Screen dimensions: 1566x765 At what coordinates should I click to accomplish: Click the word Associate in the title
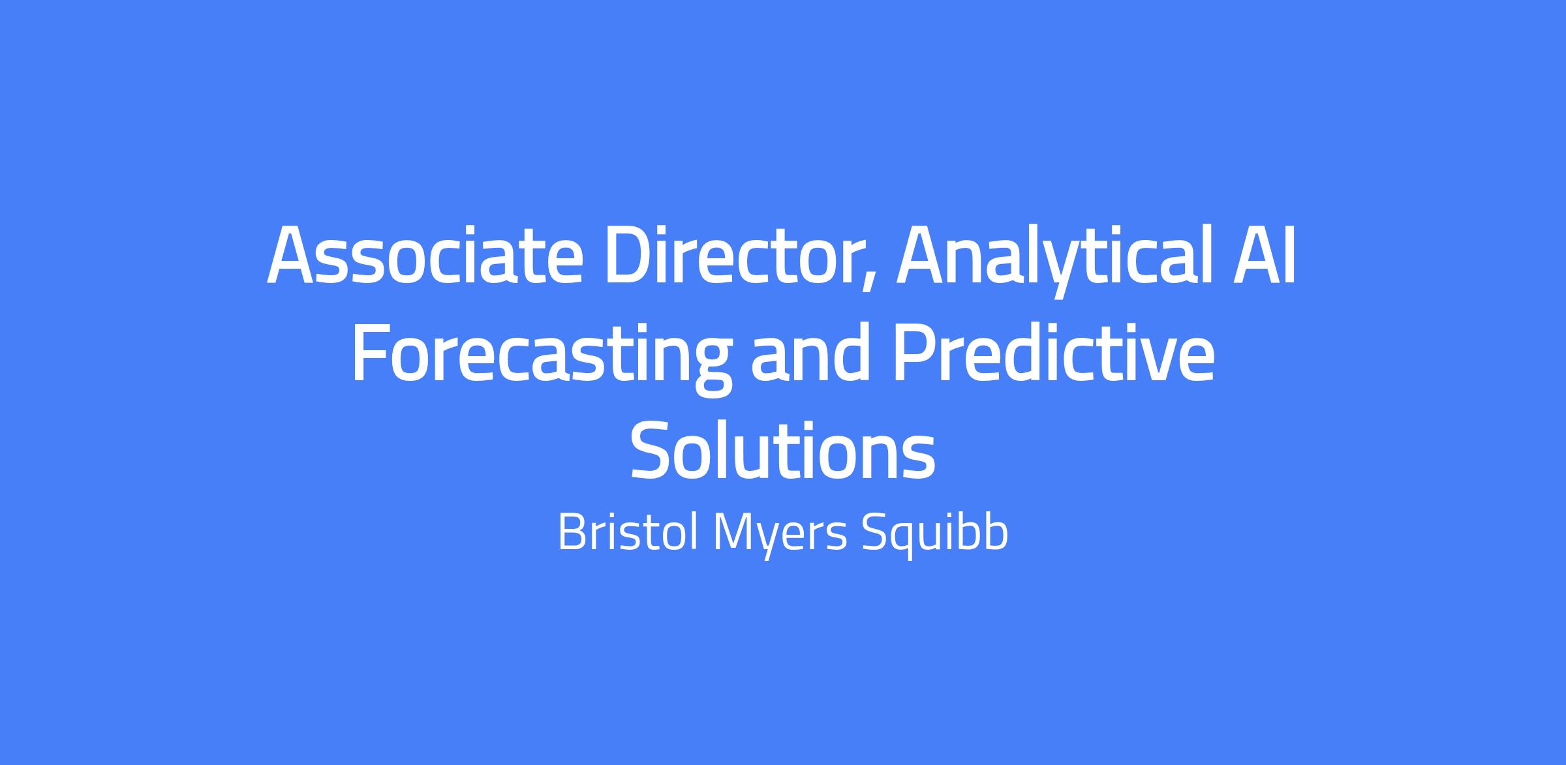[x=424, y=256]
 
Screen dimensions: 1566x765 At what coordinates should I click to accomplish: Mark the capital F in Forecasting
[x=371, y=353]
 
